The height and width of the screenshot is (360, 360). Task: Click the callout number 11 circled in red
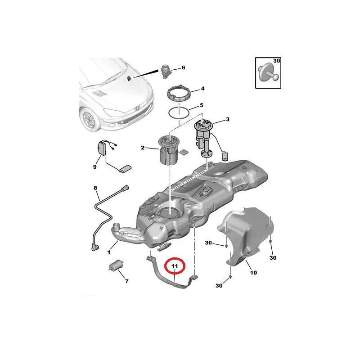(x=175, y=266)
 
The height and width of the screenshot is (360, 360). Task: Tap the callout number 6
(x=183, y=67)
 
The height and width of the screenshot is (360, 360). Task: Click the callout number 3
(x=228, y=119)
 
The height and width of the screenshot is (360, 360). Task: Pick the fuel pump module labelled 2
(x=168, y=150)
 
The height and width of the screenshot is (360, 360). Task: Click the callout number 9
(x=95, y=167)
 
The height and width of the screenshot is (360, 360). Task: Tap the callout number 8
(x=95, y=188)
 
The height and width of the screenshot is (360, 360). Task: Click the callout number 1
(x=109, y=252)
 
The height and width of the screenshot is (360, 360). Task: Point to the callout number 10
(x=253, y=273)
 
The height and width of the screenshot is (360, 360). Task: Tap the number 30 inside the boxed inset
(x=277, y=61)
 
